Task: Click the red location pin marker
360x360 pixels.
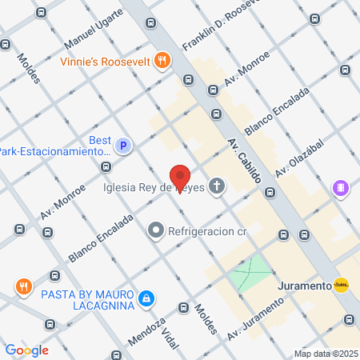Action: tap(181, 177)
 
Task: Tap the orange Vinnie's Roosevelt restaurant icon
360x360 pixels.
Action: tap(163, 60)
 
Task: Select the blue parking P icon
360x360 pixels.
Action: tap(123, 146)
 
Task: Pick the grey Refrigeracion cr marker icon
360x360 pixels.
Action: tap(155, 232)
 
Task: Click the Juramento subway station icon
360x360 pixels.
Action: tap(341, 286)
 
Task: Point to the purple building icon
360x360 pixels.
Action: tap(341, 189)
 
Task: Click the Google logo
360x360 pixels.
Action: tap(26, 350)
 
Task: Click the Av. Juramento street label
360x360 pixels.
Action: tap(255, 319)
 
